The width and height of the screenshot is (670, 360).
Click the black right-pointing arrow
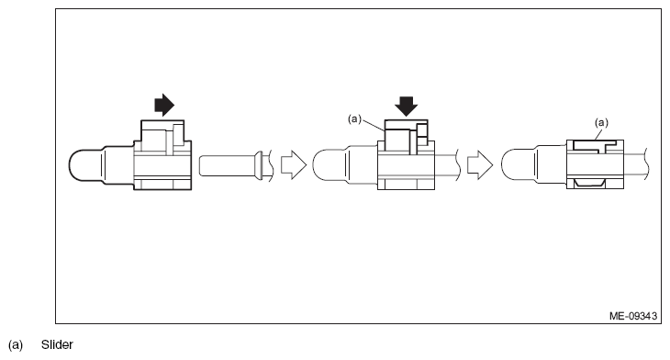[163, 106]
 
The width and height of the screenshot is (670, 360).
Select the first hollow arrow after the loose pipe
[290, 165]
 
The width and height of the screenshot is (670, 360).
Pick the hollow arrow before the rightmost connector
[478, 165]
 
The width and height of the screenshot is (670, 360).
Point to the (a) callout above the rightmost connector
[602, 121]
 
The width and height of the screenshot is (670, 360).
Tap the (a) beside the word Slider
[16, 345]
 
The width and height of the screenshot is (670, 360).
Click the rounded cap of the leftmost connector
[87, 165]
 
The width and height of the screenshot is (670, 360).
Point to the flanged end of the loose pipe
[262, 165]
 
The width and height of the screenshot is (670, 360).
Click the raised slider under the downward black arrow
[400, 136]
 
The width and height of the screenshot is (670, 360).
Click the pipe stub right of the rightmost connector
[639, 165]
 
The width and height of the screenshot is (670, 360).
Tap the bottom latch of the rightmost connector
[594, 186]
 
